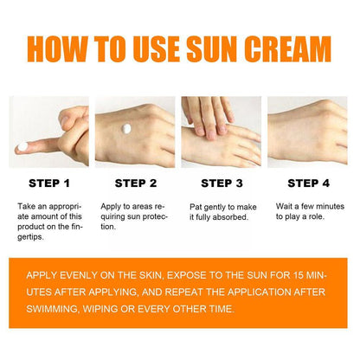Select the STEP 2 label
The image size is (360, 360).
click(x=134, y=183)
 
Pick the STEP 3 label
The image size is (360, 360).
click(x=222, y=183)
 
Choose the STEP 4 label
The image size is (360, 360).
click(x=309, y=183)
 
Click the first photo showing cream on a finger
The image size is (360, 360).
click(x=48, y=132)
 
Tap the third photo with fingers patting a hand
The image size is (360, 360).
click(x=221, y=132)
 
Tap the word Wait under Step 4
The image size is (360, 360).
click(x=285, y=208)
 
